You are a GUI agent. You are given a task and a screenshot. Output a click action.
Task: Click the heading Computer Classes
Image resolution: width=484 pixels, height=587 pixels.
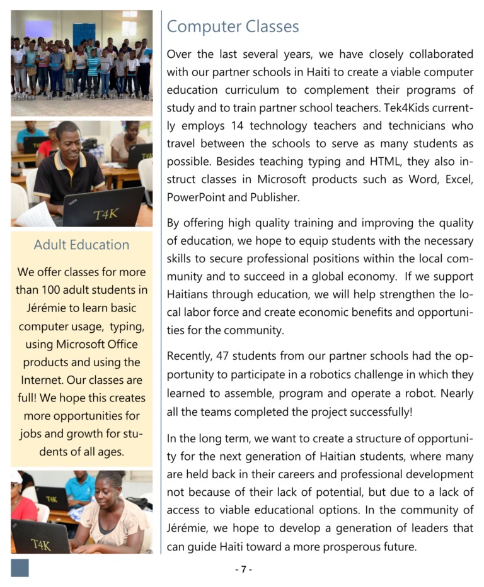[x=233, y=26]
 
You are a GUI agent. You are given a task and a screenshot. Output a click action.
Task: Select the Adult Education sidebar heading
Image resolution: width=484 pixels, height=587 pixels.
[x=81, y=245]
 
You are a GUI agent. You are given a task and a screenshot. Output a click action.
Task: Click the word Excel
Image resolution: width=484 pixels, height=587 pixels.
[x=459, y=179]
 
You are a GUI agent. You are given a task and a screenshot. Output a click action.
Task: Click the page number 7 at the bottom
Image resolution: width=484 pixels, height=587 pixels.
[x=243, y=569]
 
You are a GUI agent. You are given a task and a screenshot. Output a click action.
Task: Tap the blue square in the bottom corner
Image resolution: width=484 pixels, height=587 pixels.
[x=20, y=567]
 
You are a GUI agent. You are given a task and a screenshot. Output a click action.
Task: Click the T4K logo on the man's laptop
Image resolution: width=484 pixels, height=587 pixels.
[x=107, y=214]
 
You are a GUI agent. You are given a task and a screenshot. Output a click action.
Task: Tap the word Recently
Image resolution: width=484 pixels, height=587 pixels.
[x=188, y=356]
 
